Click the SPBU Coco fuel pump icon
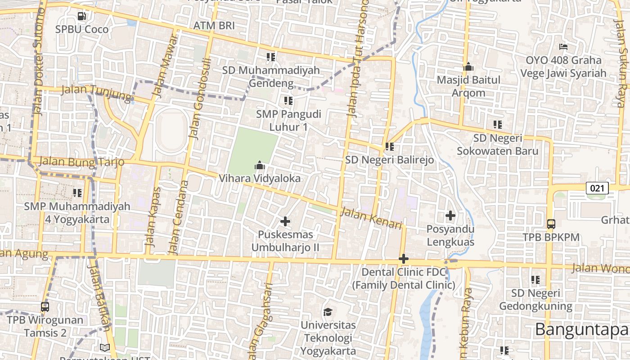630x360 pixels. (81, 16)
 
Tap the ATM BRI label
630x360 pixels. (214, 26)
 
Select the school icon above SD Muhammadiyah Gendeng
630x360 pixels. (270, 57)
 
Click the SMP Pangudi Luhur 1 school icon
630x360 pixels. (288, 100)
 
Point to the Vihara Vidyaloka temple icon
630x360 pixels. (259, 166)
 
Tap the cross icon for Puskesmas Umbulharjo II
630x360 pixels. (285, 221)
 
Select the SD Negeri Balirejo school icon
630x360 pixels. (389, 146)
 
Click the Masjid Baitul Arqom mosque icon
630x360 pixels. (468, 67)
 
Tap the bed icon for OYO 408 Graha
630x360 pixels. (563, 47)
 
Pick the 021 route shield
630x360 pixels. (597, 188)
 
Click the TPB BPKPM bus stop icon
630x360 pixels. (551, 224)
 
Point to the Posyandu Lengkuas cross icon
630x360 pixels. (450, 216)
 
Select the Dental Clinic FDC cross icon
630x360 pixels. (404, 259)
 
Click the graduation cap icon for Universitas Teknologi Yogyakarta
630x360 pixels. (328, 312)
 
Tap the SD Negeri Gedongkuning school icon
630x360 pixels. (535, 280)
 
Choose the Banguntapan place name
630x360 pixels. (581, 329)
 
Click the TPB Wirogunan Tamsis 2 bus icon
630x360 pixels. (45, 307)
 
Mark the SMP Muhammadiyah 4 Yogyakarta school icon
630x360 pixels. (77, 193)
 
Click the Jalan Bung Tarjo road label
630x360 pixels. (81, 162)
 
